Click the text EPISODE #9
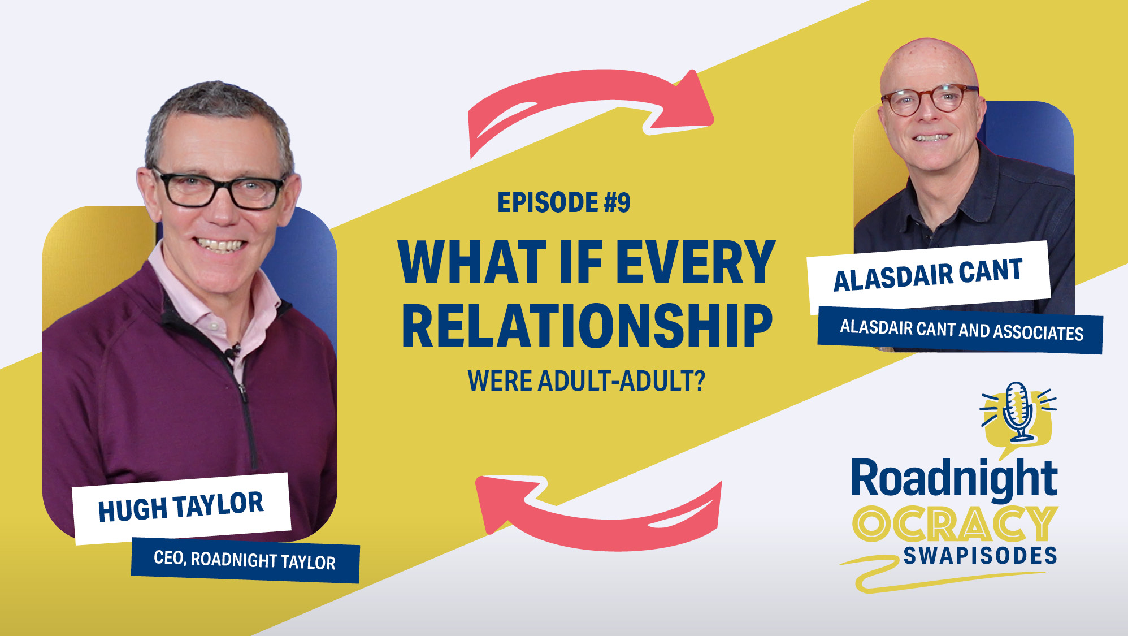(563, 202)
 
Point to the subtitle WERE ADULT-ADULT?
(587, 381)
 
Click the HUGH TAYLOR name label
(181, 507)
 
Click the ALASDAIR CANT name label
(928, 275)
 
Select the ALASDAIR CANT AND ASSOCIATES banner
(961, 330)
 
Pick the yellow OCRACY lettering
(955, 523)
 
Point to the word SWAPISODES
(980, 556)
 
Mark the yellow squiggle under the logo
(938, 574)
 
